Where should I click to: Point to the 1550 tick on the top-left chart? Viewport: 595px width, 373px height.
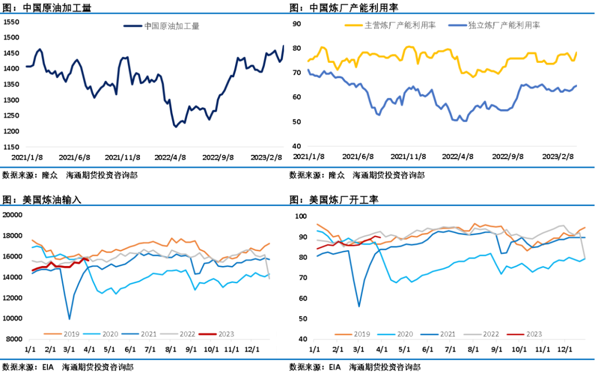click(x=12, y=22)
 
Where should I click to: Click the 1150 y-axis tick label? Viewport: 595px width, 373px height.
click(x=12, y=147)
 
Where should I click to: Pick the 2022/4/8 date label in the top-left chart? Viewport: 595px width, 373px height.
click(x=170, y=156)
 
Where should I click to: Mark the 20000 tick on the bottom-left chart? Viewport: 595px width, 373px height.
click(x=12, y=215)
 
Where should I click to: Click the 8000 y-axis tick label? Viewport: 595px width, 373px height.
click(x=13, y=339)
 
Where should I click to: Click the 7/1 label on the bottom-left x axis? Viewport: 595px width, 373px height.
click(x=149, y=349)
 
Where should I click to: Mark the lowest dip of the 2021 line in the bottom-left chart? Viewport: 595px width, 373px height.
click(x=69, y=318)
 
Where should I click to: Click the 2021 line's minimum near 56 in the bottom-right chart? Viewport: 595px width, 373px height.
click(x=359, y=306)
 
